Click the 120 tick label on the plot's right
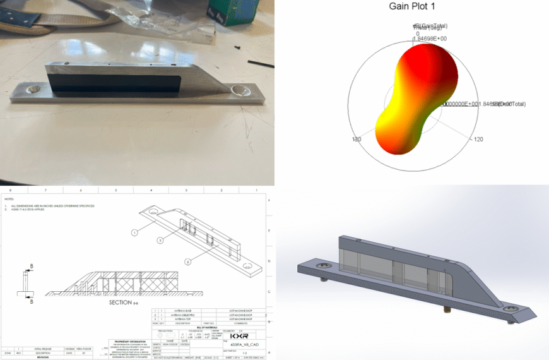coord(478,139)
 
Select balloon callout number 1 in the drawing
coord(134,232)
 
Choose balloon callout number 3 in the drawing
coord(160,241)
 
